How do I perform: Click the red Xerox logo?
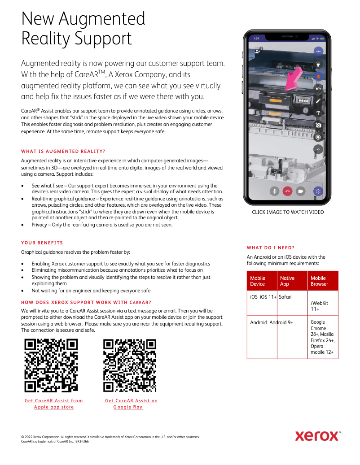[x=317, y=435]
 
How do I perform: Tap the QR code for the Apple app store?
[x=51, y=365]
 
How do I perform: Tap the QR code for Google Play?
[x=130, y=365]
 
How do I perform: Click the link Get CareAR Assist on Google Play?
[x=131, y=404]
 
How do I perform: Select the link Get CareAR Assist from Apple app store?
[x=54, y=404]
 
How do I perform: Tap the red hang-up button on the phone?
[x=288, y=191]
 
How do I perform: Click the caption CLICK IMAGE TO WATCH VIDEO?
[x=288, y=212]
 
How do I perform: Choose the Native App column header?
[x=287, y=281]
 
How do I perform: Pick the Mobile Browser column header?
[x=319, y=281]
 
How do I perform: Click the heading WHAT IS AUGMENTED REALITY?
[x=63, y=151]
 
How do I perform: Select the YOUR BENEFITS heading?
[x=42, y=243]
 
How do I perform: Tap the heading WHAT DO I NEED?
[x=271, y=248]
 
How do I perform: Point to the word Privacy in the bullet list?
[x=39, y=225]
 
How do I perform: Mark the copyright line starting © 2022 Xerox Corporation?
[x=110, y=436]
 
